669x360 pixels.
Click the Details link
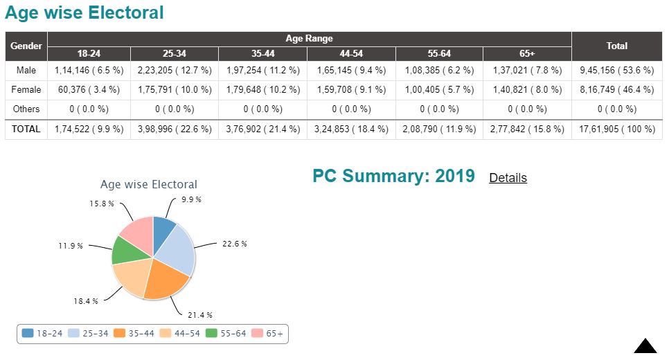coord(508,178)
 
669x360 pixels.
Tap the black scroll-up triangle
coord(645,347)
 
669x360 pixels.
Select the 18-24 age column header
coord(89,53)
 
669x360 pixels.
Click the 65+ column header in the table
coord(527,53)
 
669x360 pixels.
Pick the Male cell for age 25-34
coord(175,70)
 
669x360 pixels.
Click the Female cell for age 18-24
coord(89,89)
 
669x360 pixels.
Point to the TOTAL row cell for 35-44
coord(262,129)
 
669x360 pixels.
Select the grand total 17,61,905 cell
coord(616,129)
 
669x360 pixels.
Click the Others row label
coord(26,109)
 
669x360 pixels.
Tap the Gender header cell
coord(26,46)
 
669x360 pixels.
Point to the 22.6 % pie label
coord(234,244)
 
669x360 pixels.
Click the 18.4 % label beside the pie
coord(85,301)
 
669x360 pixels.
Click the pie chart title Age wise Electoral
coord(148,184)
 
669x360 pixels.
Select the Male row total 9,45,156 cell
coord(616,70)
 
